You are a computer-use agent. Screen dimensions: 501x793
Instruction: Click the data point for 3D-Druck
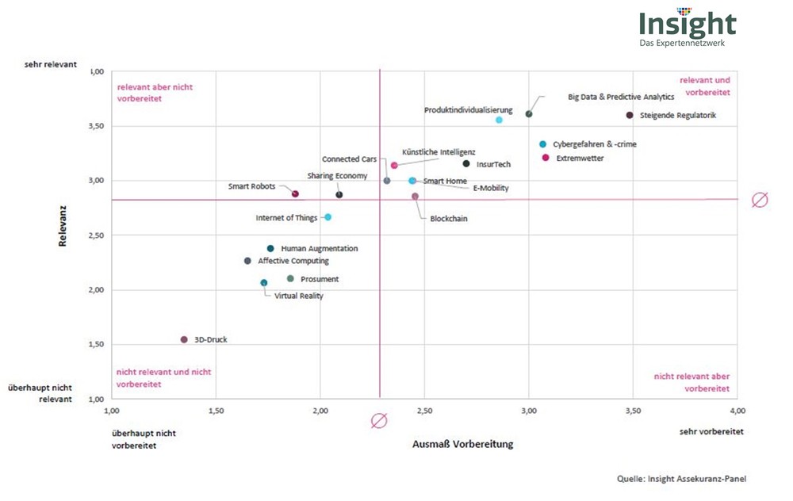pyautogui.click(x=184, y=339)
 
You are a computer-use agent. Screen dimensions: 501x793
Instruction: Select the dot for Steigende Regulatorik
pyautogui.click(x=630, y=115)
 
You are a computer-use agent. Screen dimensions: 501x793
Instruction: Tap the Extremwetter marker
pyautogui.click(x=546, y=158)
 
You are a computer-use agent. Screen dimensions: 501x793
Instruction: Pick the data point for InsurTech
pyautogui.click(x=466, y=164)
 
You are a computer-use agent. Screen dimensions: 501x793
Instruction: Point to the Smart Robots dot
pyautogui.click(x=295, y=193)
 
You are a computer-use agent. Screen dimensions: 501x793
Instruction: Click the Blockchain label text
pyautogui.click(x=449, y=219)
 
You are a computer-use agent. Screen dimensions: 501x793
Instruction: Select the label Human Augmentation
pyautogui.click(x=320, y=248)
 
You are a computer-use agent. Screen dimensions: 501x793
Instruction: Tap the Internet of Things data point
pyautogui.click(x=328, y=217)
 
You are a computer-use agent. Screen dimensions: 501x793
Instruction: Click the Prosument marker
pyautogui.click(x=290, y=278)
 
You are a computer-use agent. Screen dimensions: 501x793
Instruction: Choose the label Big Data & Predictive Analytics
pyautogui.click(x=621, y=97)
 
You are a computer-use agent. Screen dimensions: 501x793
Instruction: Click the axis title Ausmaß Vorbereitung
pyautogui.click(x=462, y=444)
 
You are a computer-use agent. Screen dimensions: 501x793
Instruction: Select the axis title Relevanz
pyautogui.click(x=62, y=228)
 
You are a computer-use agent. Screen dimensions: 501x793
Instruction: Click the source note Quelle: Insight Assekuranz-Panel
pyautogui.click(x=682, y=478)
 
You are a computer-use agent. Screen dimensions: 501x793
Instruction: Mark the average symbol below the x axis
pyautogui.click(x=379, y=421)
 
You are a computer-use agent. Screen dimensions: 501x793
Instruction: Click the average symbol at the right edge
pyautogui.click(x=759, y=200)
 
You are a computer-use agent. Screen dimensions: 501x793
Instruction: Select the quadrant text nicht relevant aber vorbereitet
pyautogui.click(x=692, y=382)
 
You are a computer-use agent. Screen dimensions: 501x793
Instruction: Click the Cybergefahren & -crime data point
pyautogui.click(x=542, y=144)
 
